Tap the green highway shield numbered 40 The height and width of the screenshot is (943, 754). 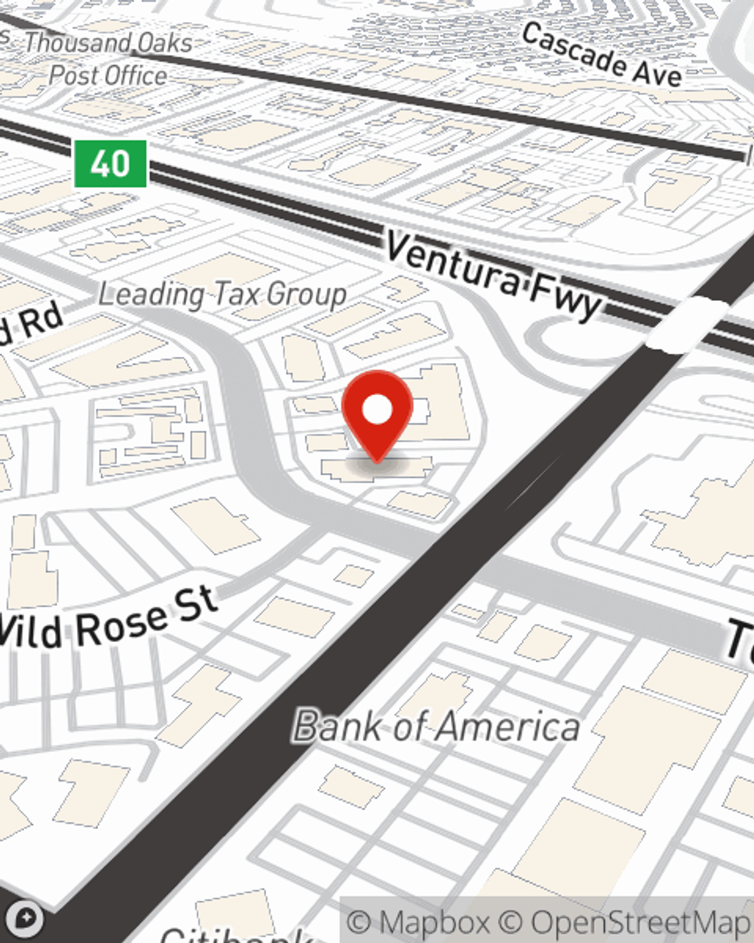pyautogui.click(x=110, y=163)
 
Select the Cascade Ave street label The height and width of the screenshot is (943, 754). pyautogui.click(x=602, y=54)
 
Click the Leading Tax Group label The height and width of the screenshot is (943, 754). pyautogui.click(x=222, y=294)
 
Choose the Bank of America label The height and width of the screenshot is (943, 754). pyautogui.click(x=437, y=726)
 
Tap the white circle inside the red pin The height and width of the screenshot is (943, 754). pyautogui.click(x=377, y=410)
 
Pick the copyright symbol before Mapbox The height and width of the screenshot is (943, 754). pyautogui.click(x=359, y=923)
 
